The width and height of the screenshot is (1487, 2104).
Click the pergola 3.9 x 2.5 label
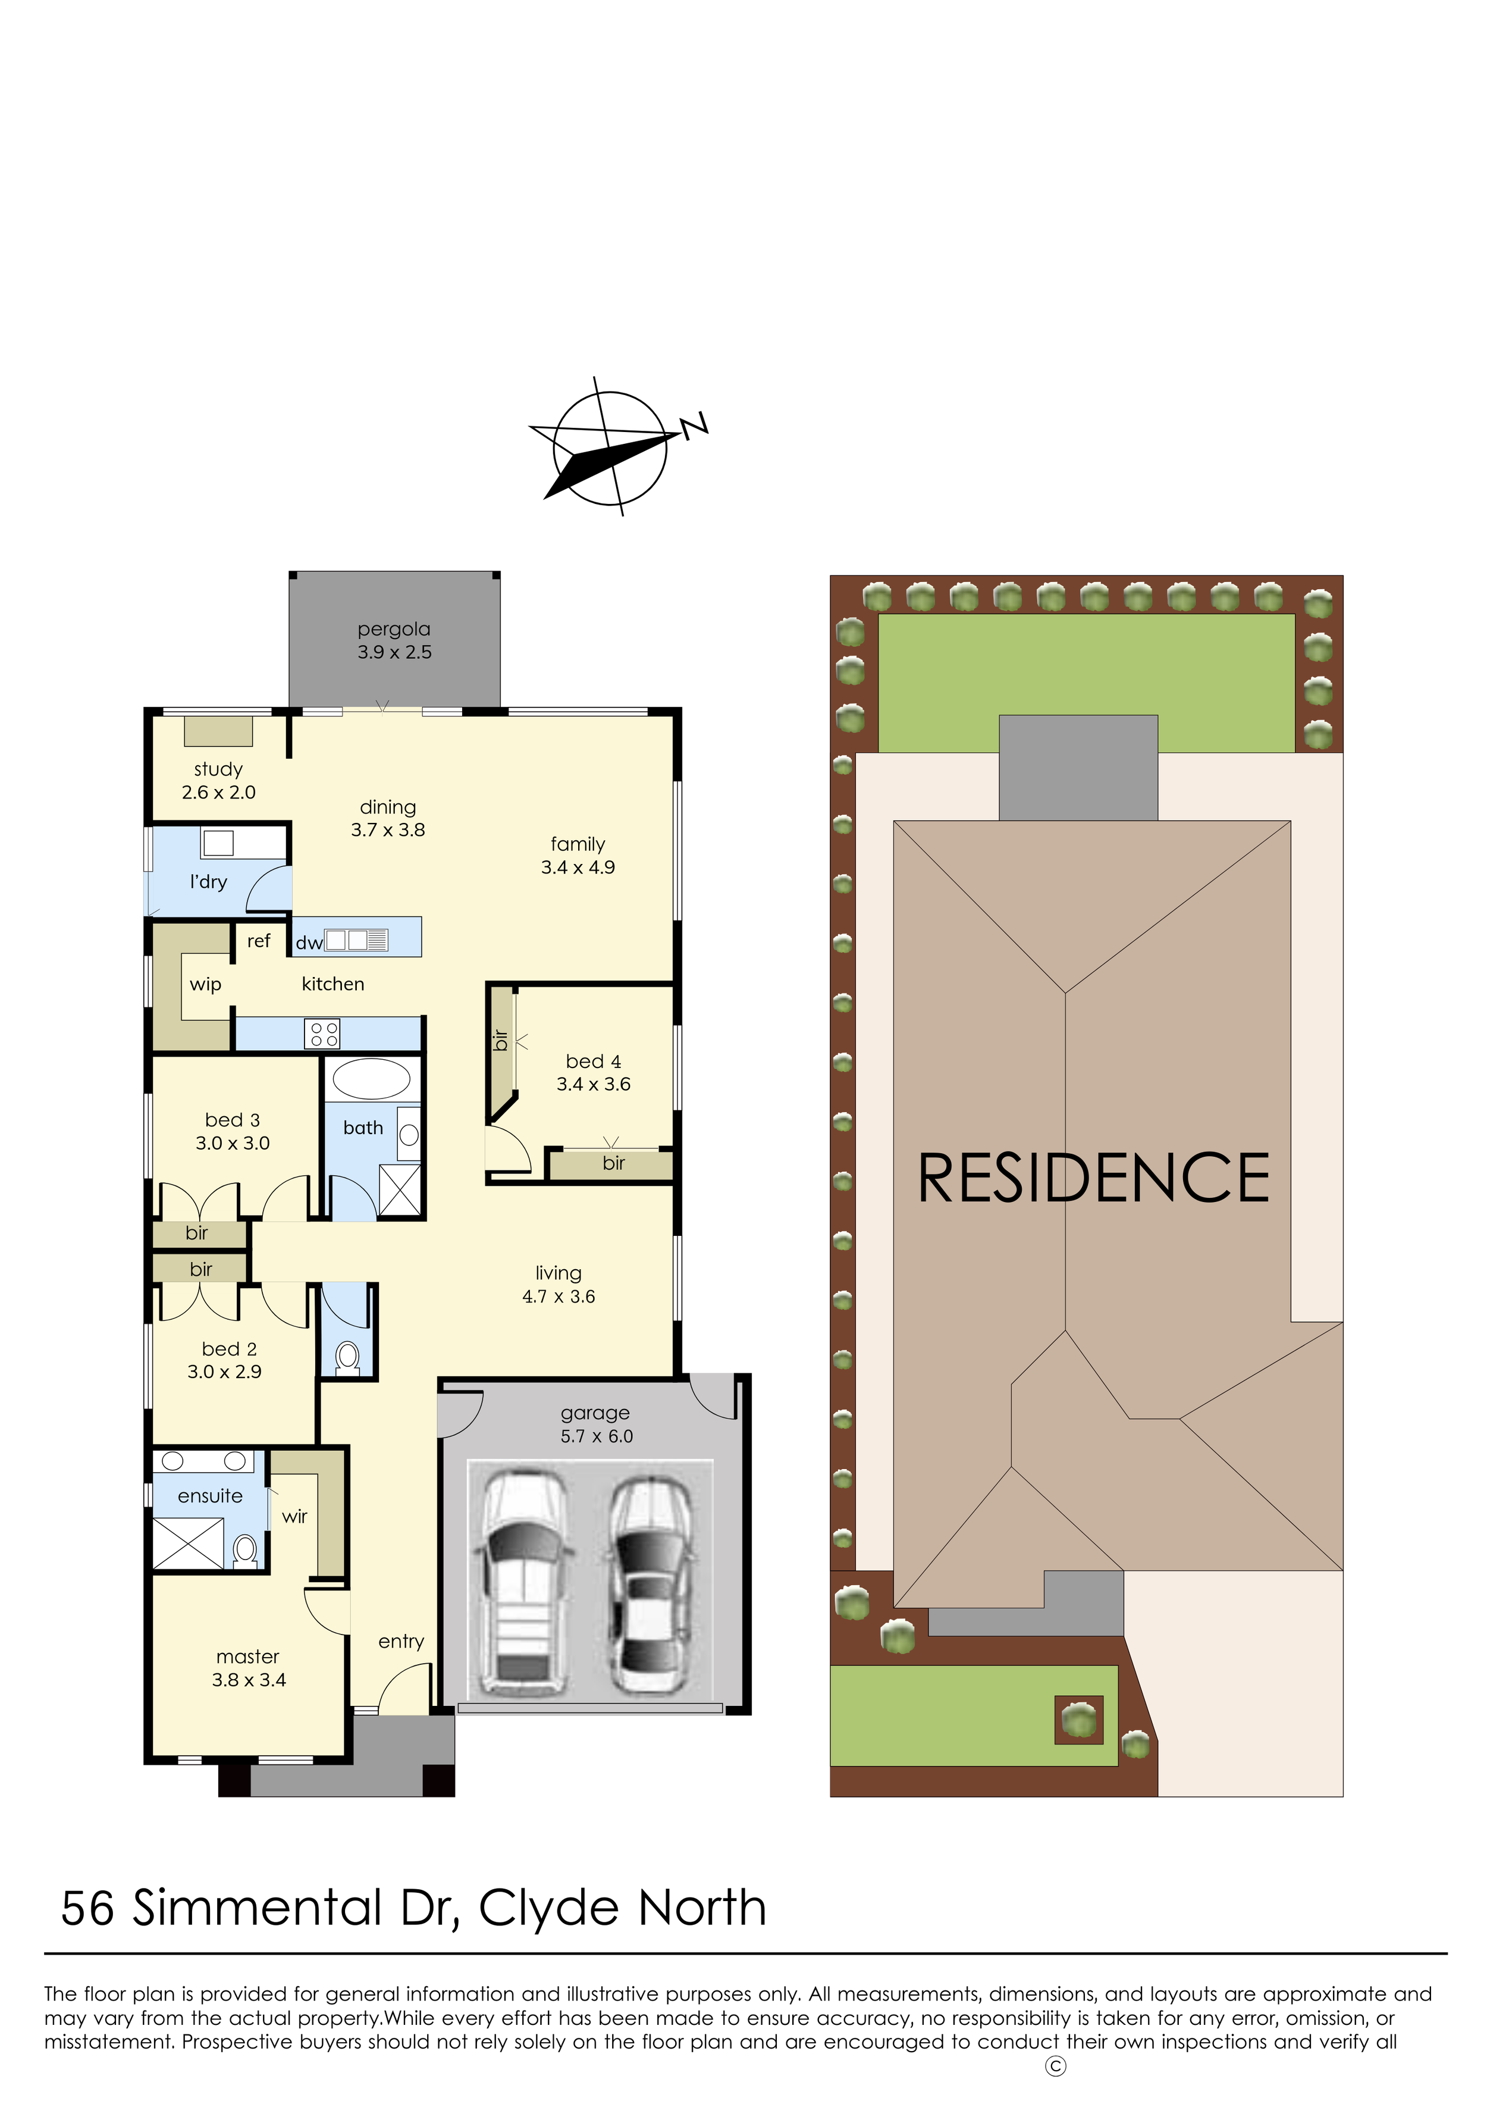coord(394,641)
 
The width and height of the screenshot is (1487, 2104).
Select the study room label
coord(218,781)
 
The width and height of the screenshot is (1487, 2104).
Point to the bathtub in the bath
coord(371,1079)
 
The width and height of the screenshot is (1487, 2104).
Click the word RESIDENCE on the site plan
coord(1093,1179)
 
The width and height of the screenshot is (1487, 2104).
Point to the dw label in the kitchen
coord(309,943)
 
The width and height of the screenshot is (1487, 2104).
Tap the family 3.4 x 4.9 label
coord(578,855)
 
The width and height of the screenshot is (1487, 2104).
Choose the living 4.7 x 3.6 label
coord(559,1285)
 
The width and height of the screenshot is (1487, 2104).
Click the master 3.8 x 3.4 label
coord(248,1668)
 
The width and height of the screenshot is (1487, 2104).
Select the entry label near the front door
coord(401,1641)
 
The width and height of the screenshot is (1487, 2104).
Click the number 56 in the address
coord(88,1909)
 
